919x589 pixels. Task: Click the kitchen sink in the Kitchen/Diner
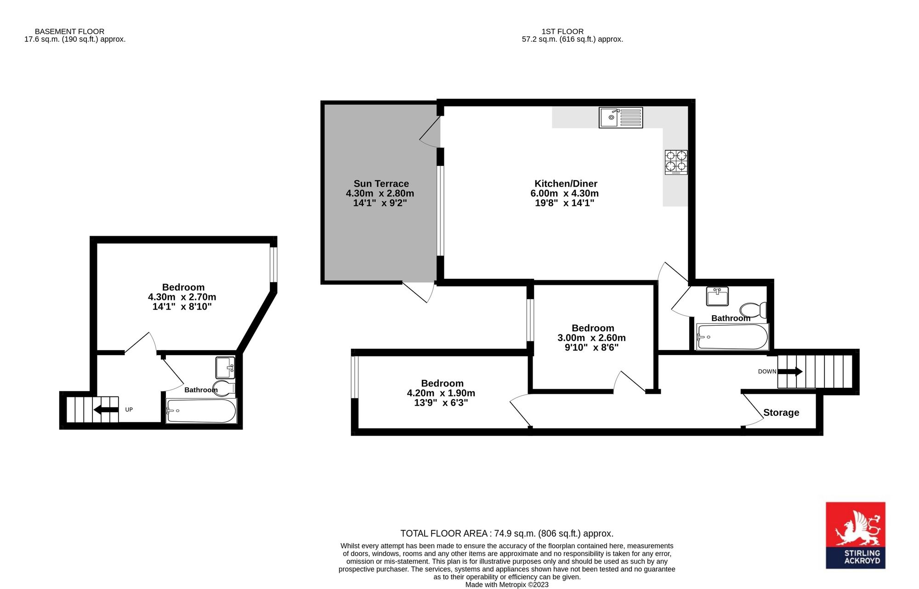pos(621,117)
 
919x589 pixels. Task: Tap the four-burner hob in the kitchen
pos(676,162)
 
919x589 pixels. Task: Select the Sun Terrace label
pos(381,184)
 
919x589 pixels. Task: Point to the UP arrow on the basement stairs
pos(106,409)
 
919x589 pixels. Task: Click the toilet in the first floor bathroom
pos(753,310)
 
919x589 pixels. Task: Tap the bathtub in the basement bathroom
pos(201,411)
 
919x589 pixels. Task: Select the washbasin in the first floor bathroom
pos(717,296)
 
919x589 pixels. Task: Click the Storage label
pos(781,413)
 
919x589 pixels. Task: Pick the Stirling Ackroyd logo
pos(856,535)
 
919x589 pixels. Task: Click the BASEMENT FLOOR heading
pos(69,31)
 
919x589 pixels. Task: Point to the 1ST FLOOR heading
pos(562,31)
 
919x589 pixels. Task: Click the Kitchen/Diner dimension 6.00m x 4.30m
pos(565,193)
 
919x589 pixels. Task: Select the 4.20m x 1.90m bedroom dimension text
pos(441,393)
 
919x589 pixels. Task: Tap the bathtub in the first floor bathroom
pos(732,337)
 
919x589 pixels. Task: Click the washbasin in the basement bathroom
pos(225,368)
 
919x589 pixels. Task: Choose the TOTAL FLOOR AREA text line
pos(507,533)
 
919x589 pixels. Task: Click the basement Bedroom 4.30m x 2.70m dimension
pos(182,297)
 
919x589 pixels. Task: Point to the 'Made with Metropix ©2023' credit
pos(507,585)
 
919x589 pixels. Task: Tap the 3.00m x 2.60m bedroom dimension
pos(592,338)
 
